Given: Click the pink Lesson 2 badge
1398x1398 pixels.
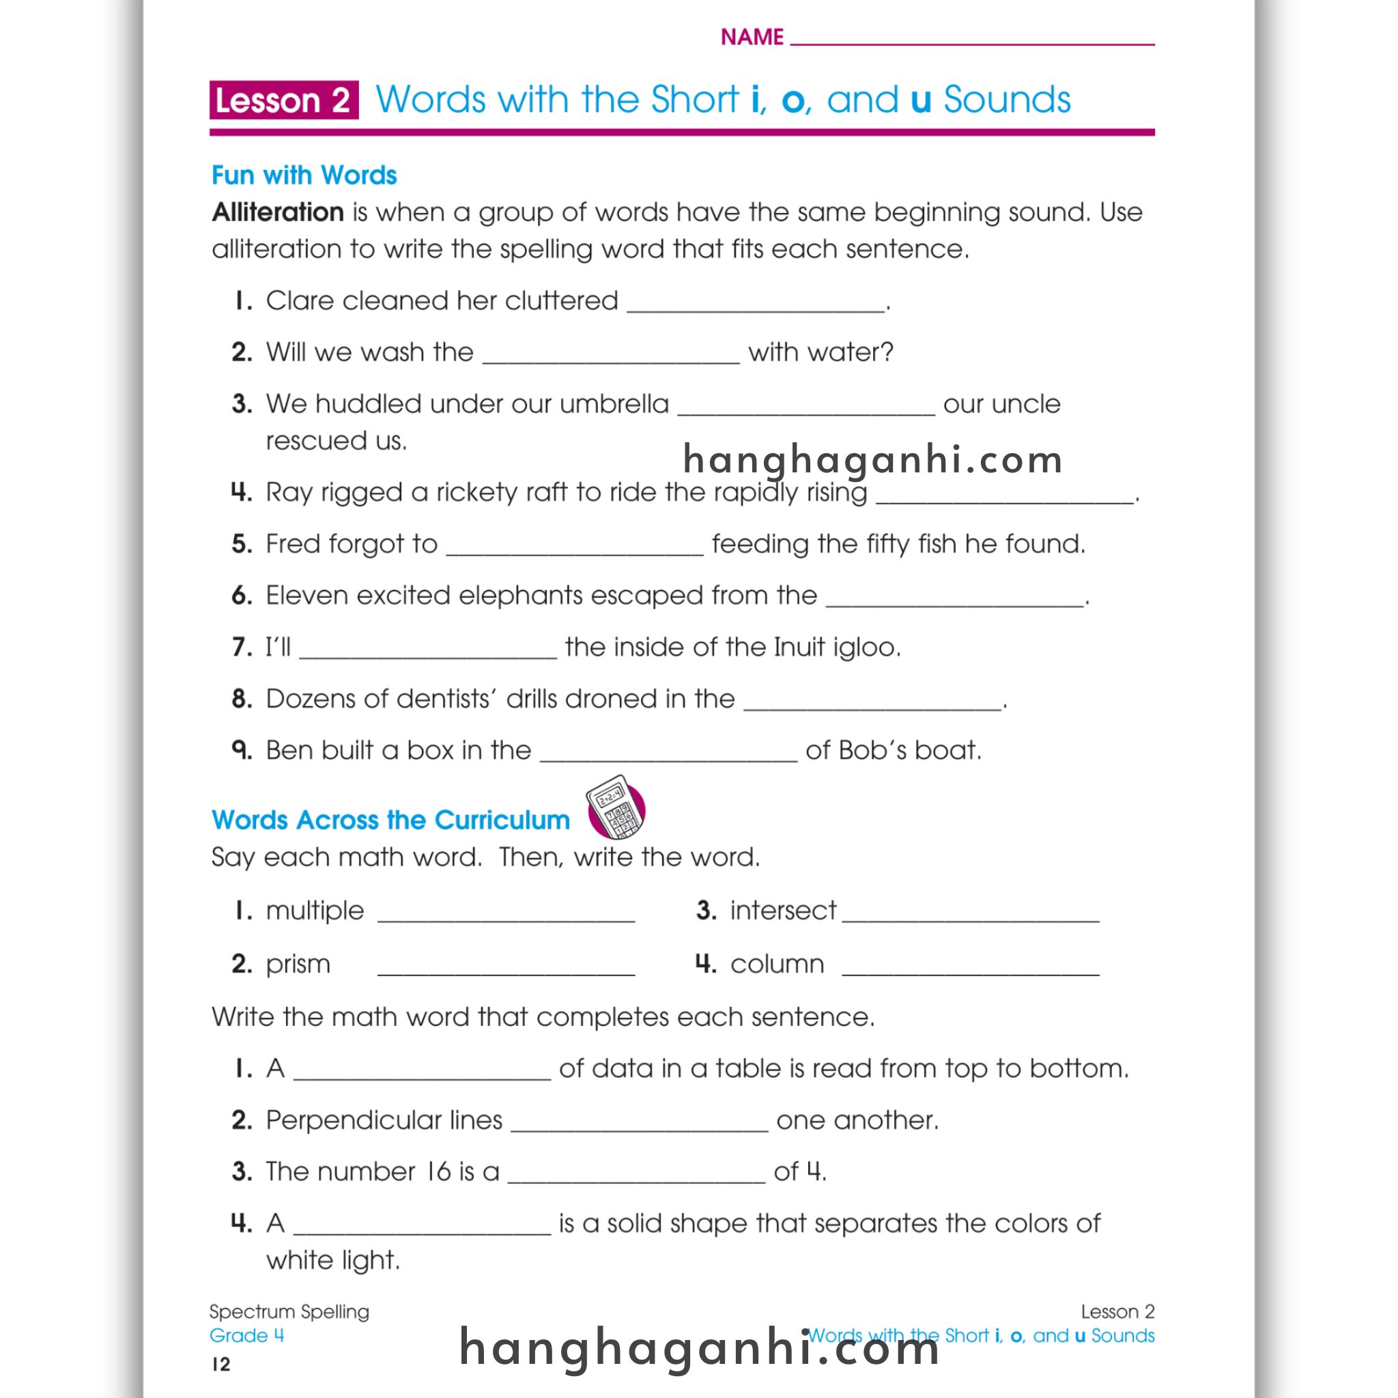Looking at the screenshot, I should point(284,100).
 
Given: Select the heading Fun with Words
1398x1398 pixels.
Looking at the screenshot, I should point(304,176).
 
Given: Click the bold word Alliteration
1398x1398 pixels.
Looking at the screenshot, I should point(278,213).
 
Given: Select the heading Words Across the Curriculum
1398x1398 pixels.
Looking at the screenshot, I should point(390,820).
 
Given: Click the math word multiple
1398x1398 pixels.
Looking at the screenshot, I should point(315,911).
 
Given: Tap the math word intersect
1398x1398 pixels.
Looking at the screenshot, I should point(783,911).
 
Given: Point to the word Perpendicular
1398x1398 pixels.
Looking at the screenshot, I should point(384,1120).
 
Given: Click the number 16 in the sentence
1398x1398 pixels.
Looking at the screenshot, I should point(438,1171).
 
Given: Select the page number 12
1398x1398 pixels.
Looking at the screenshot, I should point(221,1364).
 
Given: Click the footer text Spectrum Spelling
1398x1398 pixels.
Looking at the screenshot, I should point(289,1312).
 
